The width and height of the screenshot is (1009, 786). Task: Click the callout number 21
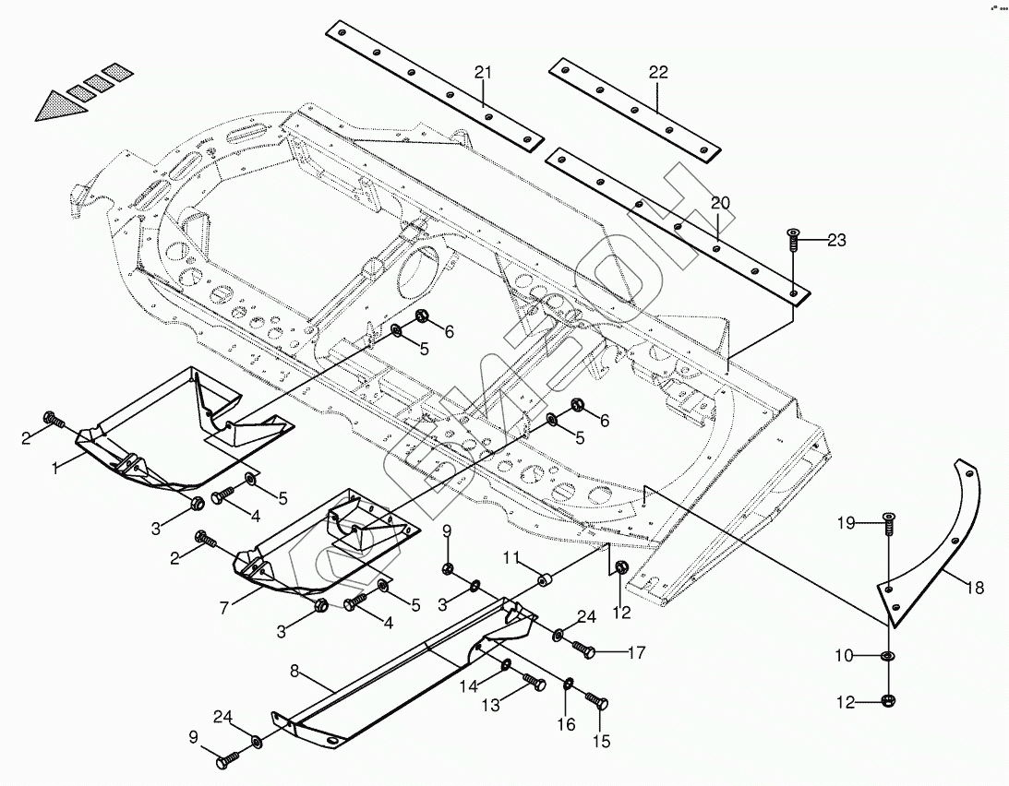pyautogui.click(x=485, y=72)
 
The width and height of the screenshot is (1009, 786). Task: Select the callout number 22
pyautogui.click(x=657, y=72)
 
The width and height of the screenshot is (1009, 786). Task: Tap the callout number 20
pyautogui.click(x=720, y=203)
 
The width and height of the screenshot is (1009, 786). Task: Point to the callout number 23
pyautogui.click(x=836, y=241)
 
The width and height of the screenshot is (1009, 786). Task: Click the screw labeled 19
pyautogui.click(x=888, y=524)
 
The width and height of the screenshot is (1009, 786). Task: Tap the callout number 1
pyautogui.click(x=56, y=468)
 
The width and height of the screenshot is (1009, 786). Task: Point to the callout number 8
pyautogui.click(x=294, y=672)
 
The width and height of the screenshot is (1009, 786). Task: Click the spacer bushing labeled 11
pyautogui.click(x=546, y=583)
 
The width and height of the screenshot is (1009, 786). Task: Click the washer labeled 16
pyautogui.click(x=569, y=683)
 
